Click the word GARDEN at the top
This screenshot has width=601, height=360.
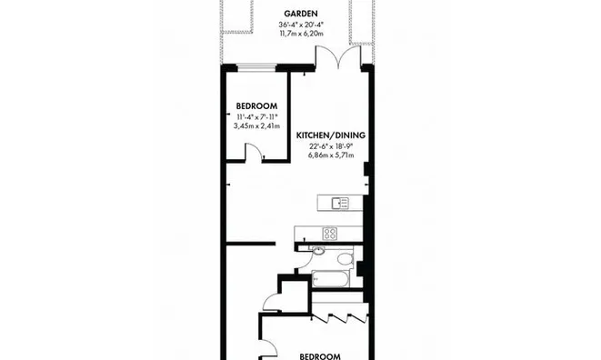[301, 14]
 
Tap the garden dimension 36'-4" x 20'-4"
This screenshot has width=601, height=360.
[301, 25]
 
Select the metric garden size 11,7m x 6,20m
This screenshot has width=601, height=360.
[301, 34]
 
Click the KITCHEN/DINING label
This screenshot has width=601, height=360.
[331, 135]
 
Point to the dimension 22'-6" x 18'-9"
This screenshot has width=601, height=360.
[331, 146]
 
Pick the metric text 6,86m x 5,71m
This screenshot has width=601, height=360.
[331, 155]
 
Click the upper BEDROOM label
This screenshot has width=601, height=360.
[256, 106]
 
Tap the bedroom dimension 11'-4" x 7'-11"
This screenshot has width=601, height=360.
[256, 117]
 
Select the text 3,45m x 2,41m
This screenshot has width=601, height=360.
[256, 125]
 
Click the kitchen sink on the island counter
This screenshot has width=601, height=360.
[340, 204]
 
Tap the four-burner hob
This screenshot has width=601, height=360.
[330, 234]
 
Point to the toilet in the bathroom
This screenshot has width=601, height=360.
[346, 259]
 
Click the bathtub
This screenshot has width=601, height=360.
[330, 279]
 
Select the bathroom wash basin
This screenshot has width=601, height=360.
[317, 250]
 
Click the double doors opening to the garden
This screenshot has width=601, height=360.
[338, 57]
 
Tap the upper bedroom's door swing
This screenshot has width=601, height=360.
[254, 151]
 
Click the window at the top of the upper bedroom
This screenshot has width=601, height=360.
[257, 68]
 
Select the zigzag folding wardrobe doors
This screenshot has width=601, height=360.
[339, 317]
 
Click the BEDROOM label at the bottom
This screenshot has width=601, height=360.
[320, 356]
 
